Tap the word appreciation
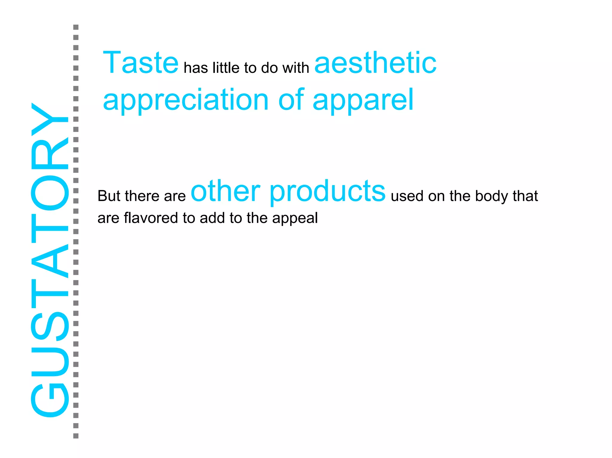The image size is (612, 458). (x=186, y=100)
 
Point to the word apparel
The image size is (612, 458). (x=363, y=100)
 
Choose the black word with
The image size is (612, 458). (x=296, y=68)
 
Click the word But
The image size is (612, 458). (x=109, y=196)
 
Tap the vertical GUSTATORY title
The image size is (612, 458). (x=50, y=260)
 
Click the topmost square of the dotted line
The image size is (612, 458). (x=76, y=27)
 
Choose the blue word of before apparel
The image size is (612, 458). (x=291, y=100)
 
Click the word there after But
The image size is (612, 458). (x=142, y=196)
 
